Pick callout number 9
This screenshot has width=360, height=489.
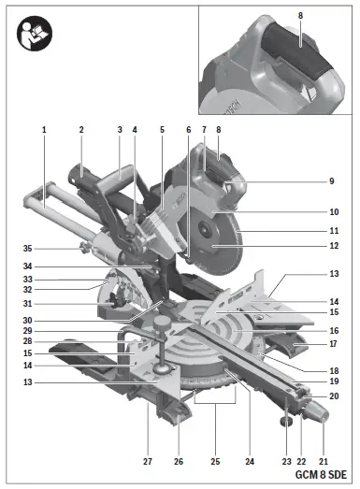(331, 180)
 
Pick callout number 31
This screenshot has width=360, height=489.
(28, 302)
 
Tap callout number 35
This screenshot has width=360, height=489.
(28, 249)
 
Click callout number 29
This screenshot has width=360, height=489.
(28, 330)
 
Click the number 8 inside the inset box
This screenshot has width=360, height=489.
(300, 16)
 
